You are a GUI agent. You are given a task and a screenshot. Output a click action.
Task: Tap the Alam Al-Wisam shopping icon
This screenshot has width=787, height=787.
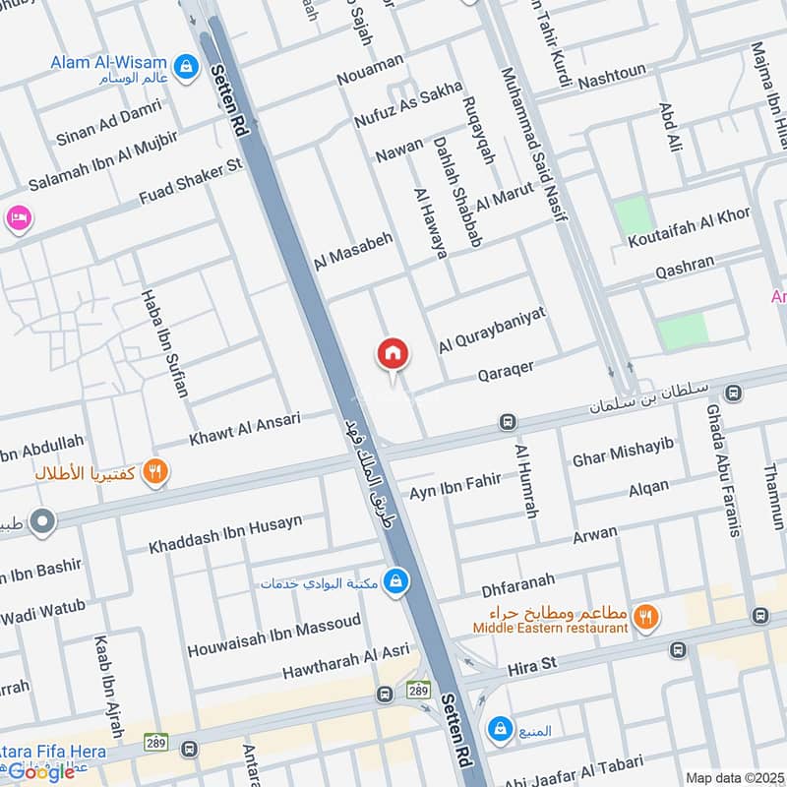click(x=184, y=66)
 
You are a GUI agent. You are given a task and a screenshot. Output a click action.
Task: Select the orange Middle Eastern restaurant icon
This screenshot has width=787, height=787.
click(x=645, y=617)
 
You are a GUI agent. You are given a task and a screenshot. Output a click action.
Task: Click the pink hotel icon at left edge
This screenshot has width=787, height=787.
click(x=17, y=218)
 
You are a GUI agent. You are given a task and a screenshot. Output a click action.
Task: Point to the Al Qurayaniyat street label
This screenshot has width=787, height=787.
click(x=492, y=331)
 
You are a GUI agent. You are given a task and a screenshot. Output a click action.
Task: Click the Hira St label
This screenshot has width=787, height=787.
click(x=531, y=666)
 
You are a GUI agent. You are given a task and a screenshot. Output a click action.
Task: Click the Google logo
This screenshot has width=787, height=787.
click(x=41, y=772)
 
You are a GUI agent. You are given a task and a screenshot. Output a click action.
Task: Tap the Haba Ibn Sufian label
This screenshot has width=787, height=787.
click(x=163, y=342)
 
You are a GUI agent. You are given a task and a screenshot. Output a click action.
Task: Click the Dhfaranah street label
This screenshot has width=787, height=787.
click(x=517, y=584)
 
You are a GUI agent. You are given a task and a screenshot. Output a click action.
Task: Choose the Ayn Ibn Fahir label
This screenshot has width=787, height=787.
click(x=455, y=486)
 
